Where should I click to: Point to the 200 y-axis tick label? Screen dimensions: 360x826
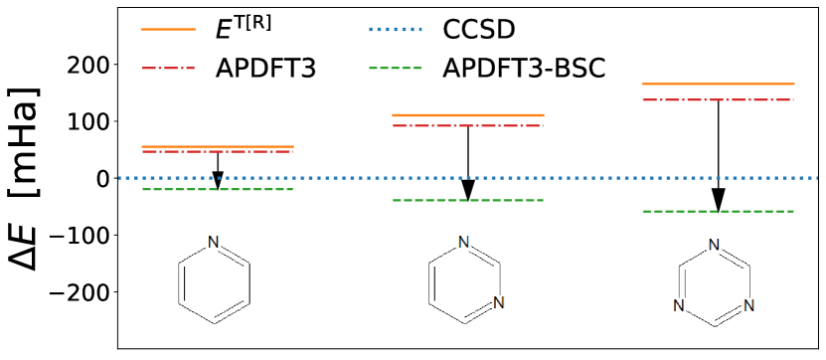(84, 65)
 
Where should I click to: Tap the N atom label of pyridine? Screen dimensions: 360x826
(213, 243)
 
